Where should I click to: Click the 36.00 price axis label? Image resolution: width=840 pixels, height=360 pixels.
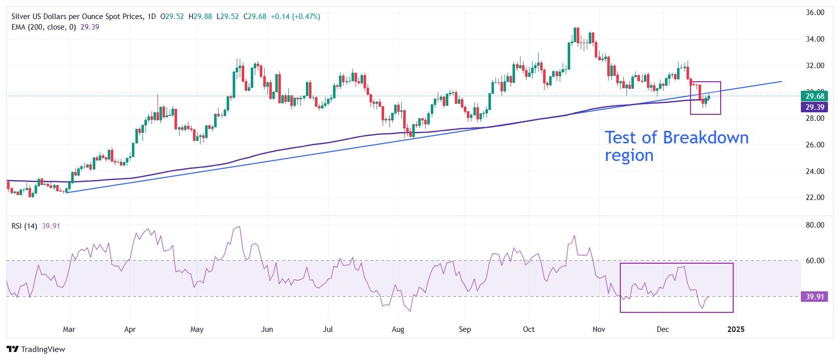814,13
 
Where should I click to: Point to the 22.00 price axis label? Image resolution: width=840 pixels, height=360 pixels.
814,198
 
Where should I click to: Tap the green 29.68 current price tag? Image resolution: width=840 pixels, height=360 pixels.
814,96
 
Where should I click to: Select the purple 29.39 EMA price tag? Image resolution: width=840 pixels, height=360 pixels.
814,107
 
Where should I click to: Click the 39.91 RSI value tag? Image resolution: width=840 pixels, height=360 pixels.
814,297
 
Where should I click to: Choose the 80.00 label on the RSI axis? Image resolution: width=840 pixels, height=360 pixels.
814,225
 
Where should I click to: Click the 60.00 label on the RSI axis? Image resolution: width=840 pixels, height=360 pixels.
814,261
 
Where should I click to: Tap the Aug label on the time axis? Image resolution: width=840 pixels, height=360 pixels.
398,329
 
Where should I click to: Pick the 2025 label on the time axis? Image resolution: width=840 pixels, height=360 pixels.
736,329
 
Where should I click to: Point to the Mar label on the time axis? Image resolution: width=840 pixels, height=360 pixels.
69,329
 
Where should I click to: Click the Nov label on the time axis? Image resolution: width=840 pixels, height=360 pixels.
599,329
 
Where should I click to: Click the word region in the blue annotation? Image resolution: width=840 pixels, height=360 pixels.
629,156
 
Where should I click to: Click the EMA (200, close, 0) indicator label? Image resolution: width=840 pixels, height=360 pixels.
44,27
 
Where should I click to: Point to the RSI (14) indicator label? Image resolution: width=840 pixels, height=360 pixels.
24,226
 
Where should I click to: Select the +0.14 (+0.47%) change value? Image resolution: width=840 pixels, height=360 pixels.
295,17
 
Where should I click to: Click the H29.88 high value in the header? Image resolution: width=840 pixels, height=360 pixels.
200,17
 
